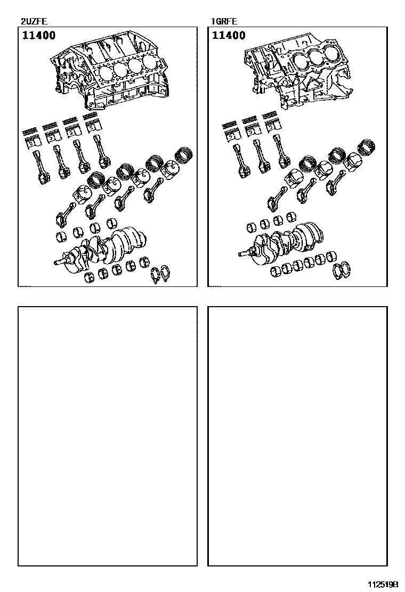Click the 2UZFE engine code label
click(34, 21)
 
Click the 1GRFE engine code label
click(224, 21)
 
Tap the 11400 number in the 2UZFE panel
click(39, 36)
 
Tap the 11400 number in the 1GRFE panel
click(229, 36)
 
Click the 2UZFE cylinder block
click(110, 72)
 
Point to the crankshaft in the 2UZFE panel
click(102, 249)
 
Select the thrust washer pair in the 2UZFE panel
click(160, 275)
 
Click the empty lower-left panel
click(108, 436)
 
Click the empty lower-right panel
click(298, 436)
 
